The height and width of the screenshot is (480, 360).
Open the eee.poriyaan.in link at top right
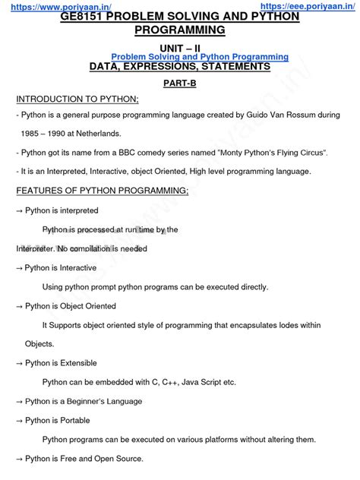[x=305, y=6]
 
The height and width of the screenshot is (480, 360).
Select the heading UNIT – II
[x=178, y=47]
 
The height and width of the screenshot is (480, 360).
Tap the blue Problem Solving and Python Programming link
[x=200, y=57]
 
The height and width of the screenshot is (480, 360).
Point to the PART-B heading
[x=179, y=84]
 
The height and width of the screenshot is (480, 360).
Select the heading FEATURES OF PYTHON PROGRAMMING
[x=103, y=191]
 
